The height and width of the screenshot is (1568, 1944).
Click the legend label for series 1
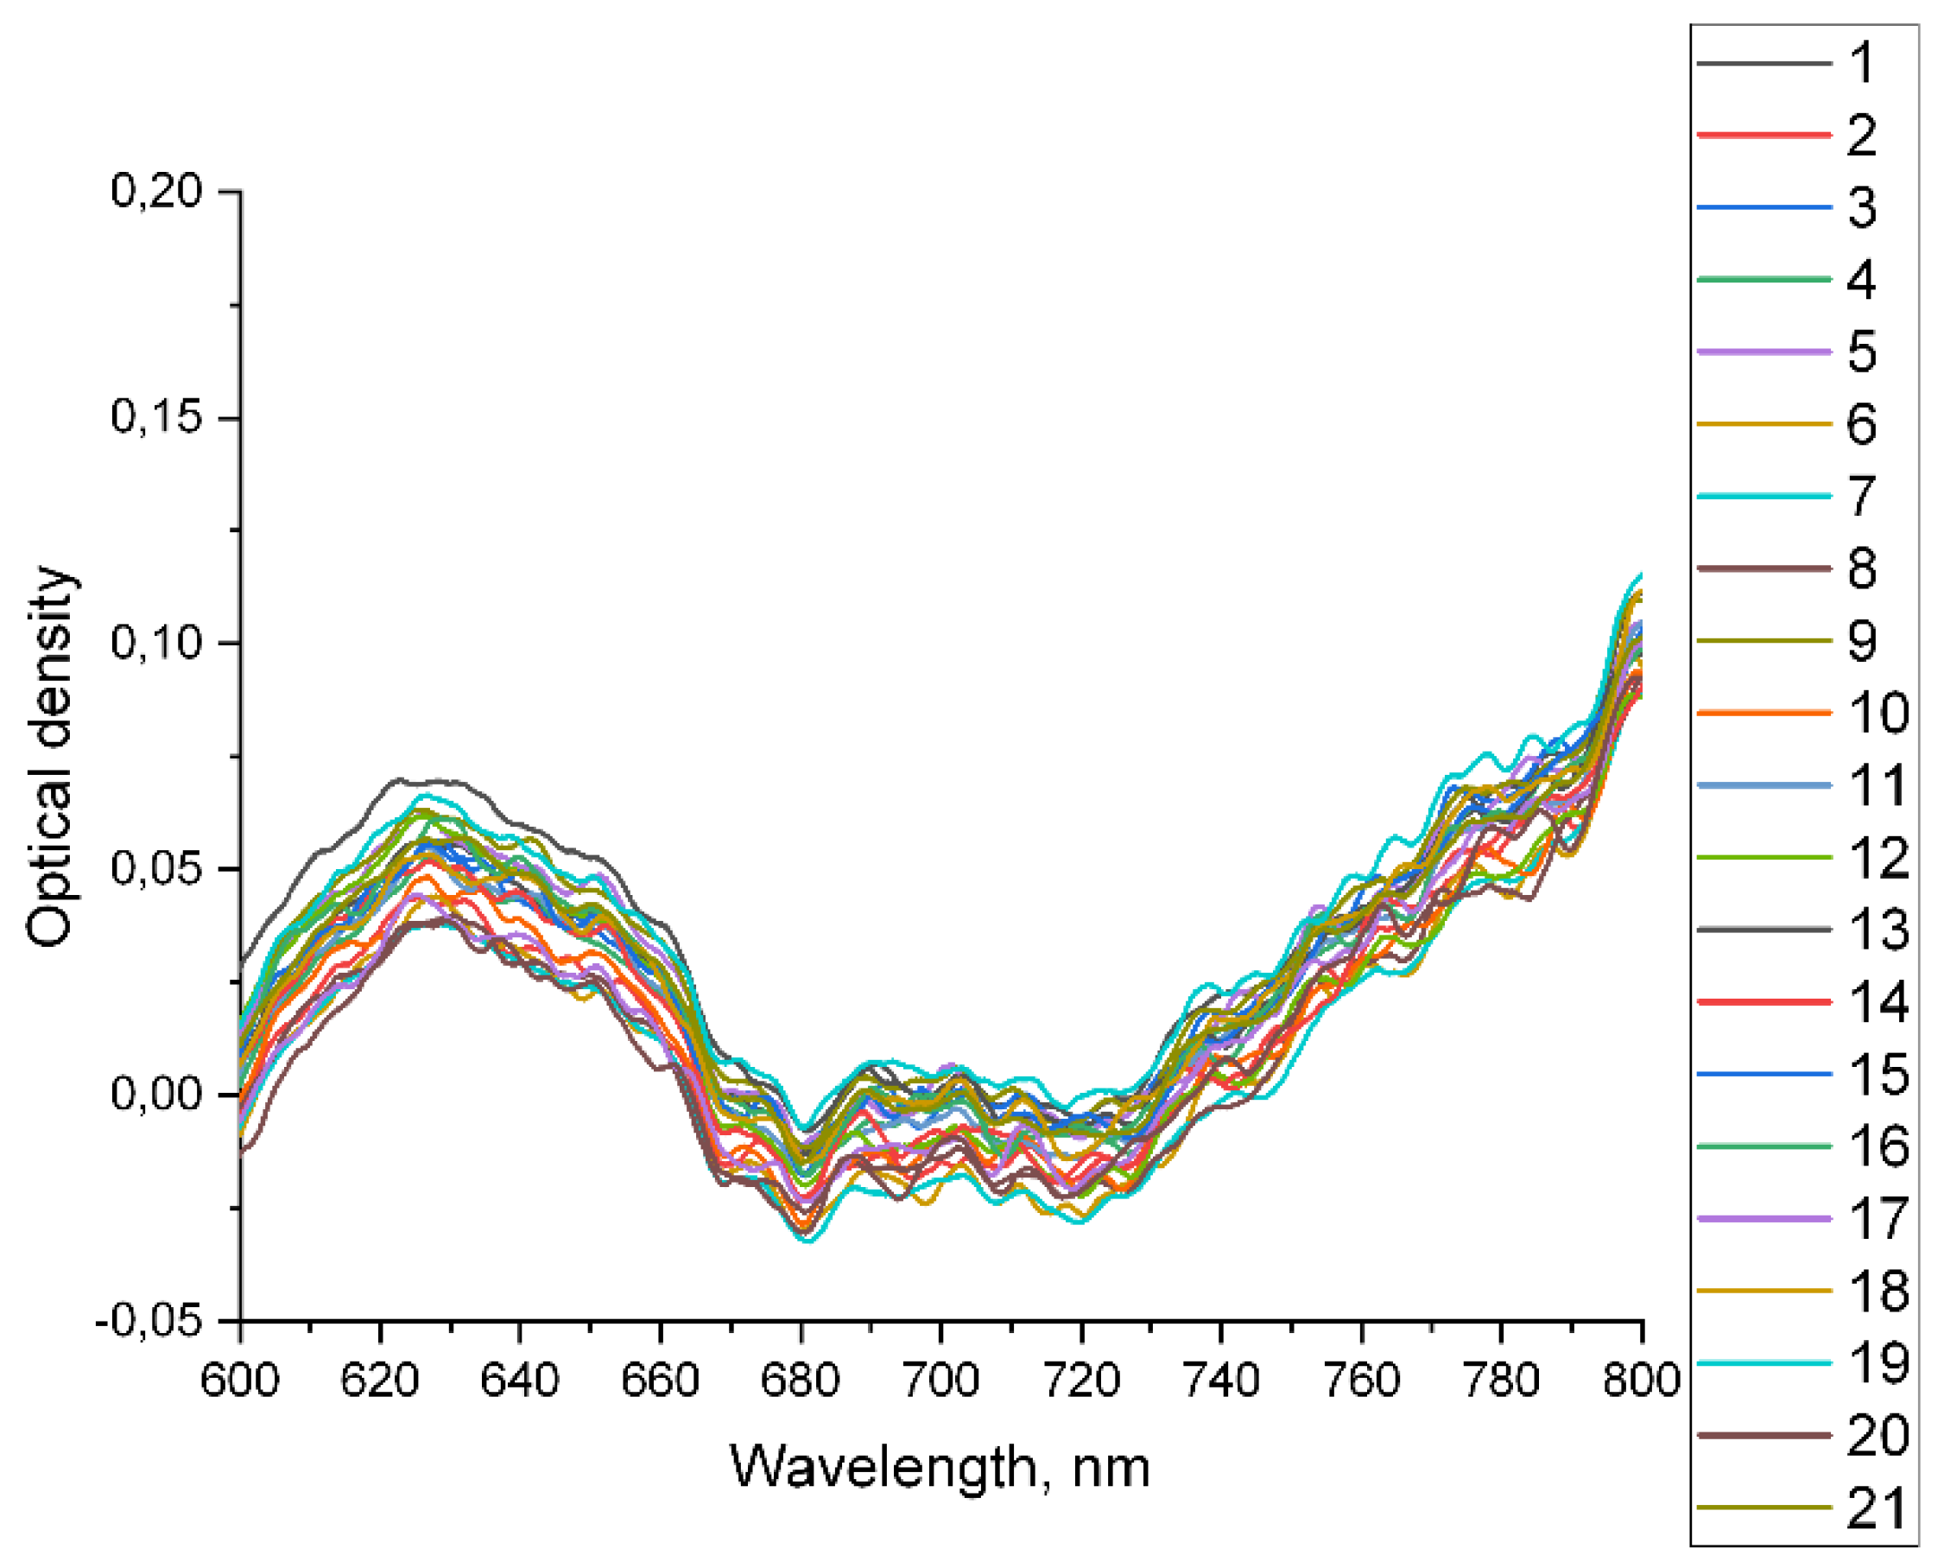(1861, 63)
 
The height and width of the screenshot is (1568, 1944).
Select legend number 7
(1861, 497)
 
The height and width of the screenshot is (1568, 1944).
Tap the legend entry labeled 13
(1878, 930)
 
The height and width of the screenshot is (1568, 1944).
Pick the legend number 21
(1878, 1508)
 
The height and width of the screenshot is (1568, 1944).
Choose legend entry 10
(1878, 714)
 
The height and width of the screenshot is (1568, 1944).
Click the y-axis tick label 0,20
(155, 191)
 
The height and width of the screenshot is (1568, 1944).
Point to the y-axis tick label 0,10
(155, 642)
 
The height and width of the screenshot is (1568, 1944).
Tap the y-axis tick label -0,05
(149, 1321)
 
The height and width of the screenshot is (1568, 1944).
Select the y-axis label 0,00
(155, 1094)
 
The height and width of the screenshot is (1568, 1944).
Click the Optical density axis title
(50, 756)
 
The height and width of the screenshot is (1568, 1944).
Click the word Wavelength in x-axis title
(883, 1468)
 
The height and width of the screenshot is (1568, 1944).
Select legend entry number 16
(1878, 1146)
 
